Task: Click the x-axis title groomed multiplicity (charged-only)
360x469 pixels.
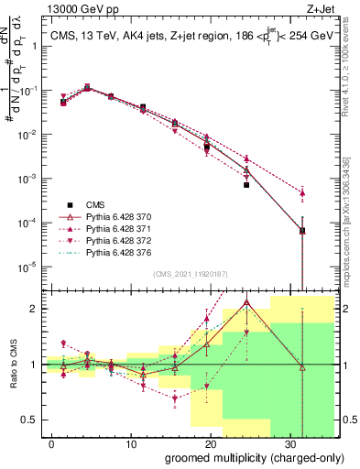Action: [x=243, y=456]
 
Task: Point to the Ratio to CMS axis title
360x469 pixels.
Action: [x=15, y=364]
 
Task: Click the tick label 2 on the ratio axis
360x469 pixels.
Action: [x=33, y=309]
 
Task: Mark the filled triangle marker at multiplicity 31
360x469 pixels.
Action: [x=302, y=193]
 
